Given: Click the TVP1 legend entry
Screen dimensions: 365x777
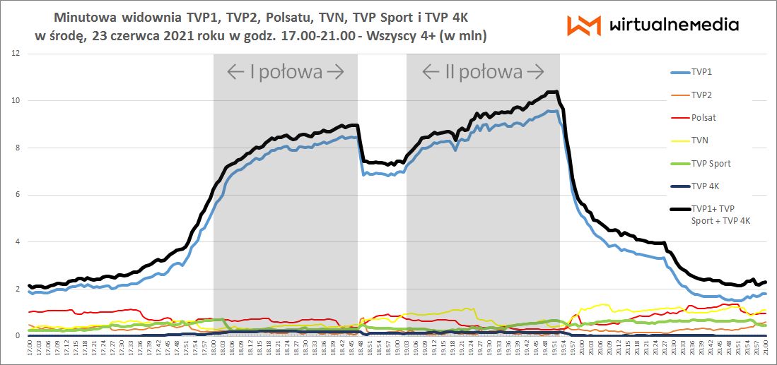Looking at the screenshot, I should coord(704,72).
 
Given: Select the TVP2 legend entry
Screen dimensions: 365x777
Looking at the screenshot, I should coord(704,95).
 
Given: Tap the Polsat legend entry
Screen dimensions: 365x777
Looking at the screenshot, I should coord(705,118).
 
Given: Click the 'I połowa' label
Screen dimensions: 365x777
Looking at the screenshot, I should coord(286,71).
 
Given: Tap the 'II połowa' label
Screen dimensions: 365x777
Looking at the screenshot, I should coord(482,71).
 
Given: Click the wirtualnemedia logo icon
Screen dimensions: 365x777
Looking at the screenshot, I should coord(584,25).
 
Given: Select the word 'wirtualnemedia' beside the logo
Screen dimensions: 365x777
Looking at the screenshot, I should coord(673,25).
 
